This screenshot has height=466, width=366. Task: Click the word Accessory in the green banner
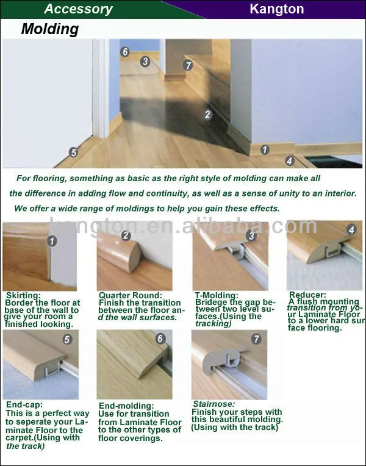pos(78,9)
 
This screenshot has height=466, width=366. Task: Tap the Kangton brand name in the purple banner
pos(277,9)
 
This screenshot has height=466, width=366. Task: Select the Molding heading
pos(50,29)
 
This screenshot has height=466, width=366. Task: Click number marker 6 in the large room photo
pos(125,52)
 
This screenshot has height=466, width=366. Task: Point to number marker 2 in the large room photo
pos(207,115)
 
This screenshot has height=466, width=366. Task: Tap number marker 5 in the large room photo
pos(73,152)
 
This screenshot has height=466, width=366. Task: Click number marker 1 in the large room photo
pos(265,149)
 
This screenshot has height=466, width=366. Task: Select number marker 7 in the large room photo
pos(188,65)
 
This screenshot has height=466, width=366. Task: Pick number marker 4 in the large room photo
pos(290,161)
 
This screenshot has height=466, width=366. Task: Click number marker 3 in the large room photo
pos(145,62)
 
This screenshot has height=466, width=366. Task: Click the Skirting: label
pos(23,295)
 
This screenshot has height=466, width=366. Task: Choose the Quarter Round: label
pos(130,295)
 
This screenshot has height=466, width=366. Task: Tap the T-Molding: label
pos(217,295)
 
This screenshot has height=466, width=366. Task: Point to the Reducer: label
pos(307,295)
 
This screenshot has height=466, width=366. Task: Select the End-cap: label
pos(24,404)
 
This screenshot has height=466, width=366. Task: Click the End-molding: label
pos(126,406)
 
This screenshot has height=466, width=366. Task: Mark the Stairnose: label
pos(213,404)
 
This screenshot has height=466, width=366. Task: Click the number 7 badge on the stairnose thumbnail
pos(256,339)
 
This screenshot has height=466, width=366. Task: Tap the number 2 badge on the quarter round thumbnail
pos(126,235)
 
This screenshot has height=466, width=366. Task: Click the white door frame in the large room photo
pos(101,88)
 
